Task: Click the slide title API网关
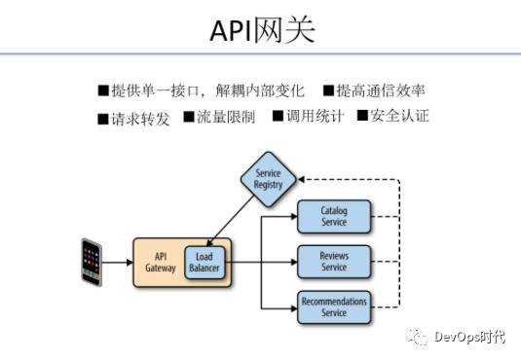tap(262, 30)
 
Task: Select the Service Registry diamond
tap(268, 179)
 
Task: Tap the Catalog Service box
tap(334, 217)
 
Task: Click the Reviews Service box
tap(334, 262)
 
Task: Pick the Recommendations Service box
tap(334, 307)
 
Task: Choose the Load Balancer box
tap(205, 263)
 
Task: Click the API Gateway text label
tap(161, 262)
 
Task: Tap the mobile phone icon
tap(92, 262)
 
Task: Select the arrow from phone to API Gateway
tap(117, 263)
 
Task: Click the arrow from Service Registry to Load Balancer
tap(231, 221)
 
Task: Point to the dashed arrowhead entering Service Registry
tap(301, 179)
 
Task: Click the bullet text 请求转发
tap(140, 119)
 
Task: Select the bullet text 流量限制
tap(226, 117)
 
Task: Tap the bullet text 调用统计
tap(315, 116)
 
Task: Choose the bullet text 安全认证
tap(399, 115)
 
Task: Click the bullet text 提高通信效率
tap(381, 90)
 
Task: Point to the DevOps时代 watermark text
tap(469, 337)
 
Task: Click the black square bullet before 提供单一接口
tap(103, 90)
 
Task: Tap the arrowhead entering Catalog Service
tap(294, 217)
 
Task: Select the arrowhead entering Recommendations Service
tap(294, 308)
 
